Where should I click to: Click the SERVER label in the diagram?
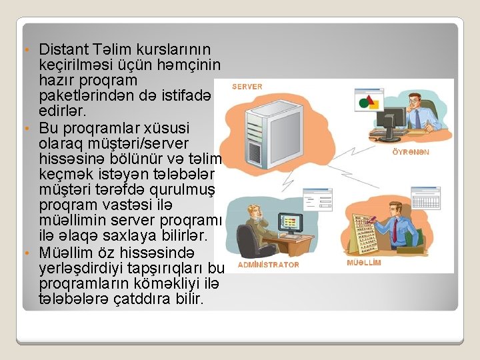pyautogui.click(x=247, y=87)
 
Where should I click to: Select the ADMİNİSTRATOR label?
pyautogui.click(x=269, y=265)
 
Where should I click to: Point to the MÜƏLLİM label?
pyautogui.click(x=364, y=263)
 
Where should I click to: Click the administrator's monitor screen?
pyautogui.click(x=290, y=222)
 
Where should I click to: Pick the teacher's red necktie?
pyautogui.click(x=395, y=230)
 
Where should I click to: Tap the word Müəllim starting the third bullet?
pyautogui.click(x=67, y=253)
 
